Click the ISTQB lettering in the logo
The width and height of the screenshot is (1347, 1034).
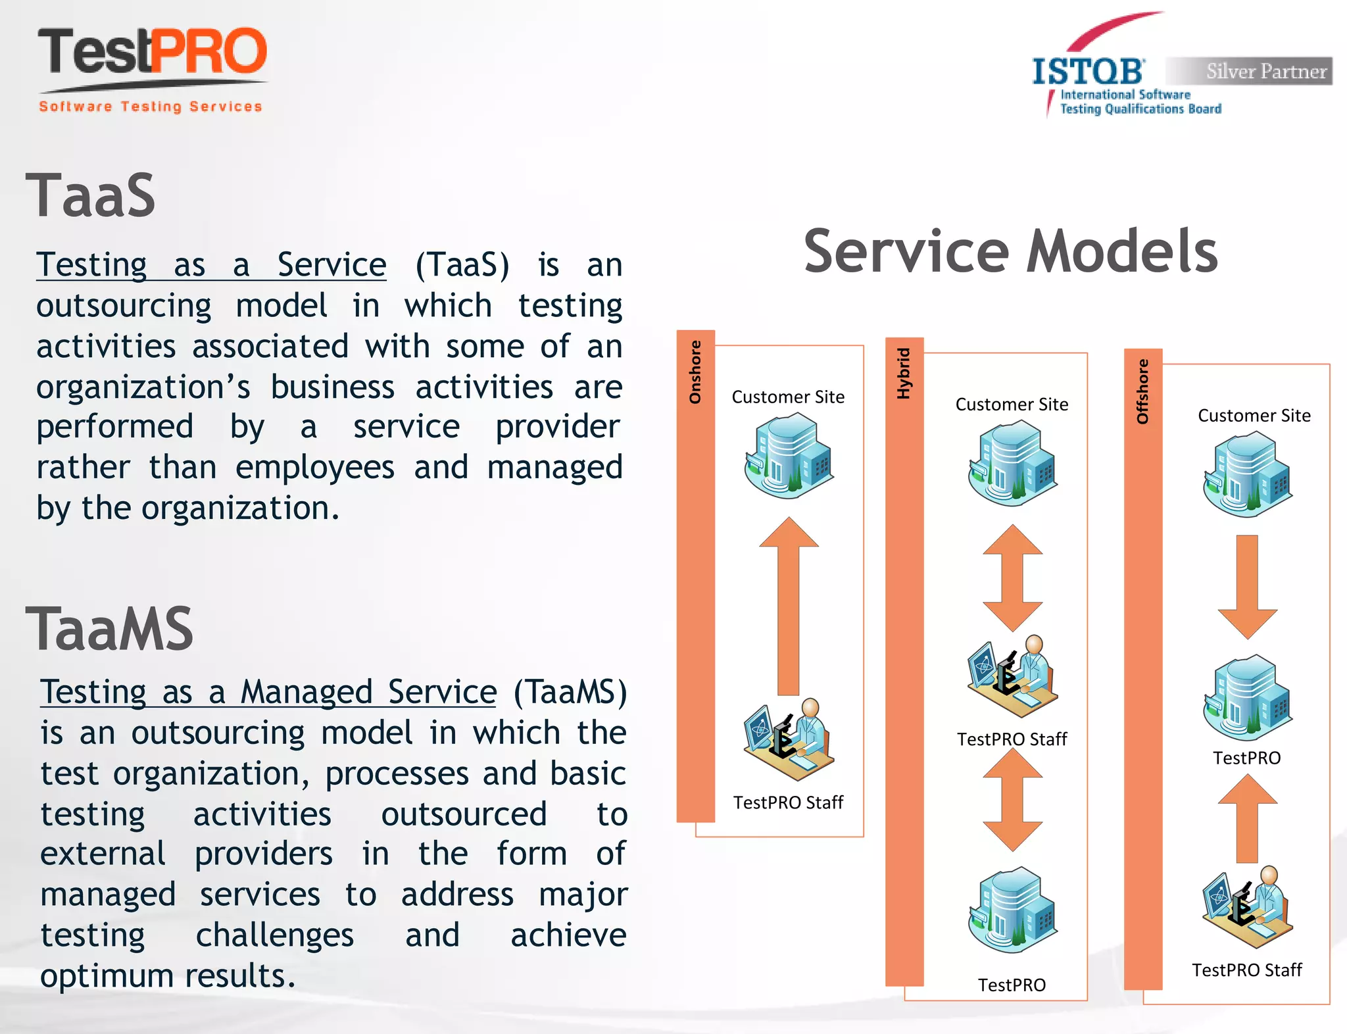[1088, 71]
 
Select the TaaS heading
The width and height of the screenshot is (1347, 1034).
[90, 196]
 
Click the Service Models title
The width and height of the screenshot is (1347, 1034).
[1010, 251]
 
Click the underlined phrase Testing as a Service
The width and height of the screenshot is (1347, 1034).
[211, 265]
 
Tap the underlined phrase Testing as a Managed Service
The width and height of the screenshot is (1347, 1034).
[268, 692]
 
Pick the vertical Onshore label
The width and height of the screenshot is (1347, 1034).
[695, 372]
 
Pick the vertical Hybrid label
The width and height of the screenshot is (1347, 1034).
[904, 373]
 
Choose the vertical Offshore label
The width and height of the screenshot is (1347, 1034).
[1142, 391]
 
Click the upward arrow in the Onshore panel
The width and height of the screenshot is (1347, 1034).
[789, 605]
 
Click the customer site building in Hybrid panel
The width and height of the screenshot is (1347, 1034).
[1012, 463]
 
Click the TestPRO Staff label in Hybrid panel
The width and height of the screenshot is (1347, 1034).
[1012, 739]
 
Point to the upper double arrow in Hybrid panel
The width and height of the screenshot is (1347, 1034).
[1012, 578]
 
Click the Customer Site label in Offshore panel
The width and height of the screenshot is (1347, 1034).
[1254, 416]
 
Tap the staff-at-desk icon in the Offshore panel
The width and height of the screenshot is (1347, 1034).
[1247, 907]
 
